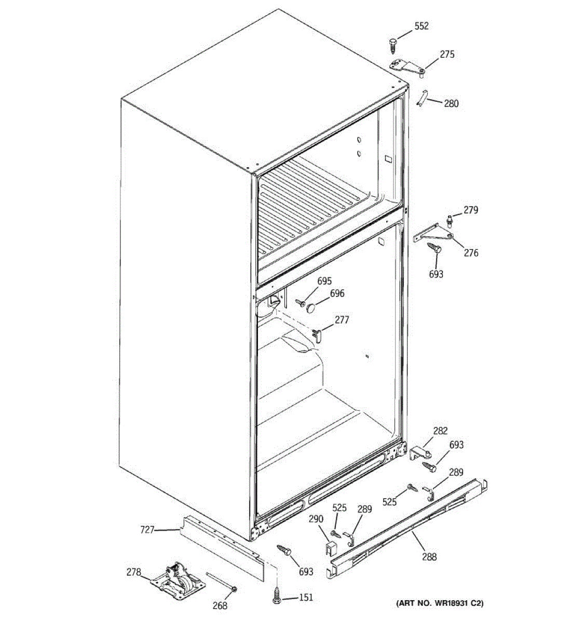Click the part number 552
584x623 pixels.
click(x=422, y=26)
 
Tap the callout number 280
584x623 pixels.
click(x=451, y=103)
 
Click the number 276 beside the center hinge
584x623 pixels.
click(x=471, y=253)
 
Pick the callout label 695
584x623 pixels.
click(x=324, y=281)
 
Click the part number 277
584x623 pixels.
click(x=342, y=320)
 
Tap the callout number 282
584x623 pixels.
click(x=440, y=430)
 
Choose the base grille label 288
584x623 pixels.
click(x=429, y=557)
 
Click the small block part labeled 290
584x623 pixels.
click(x=330, y=546)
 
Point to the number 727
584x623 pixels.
click(x=147, y=530)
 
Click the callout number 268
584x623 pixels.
click(x=220, y=605)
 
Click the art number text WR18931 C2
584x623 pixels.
click(x=440, y=603)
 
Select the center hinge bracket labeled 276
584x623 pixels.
click(x=430, y=234)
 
